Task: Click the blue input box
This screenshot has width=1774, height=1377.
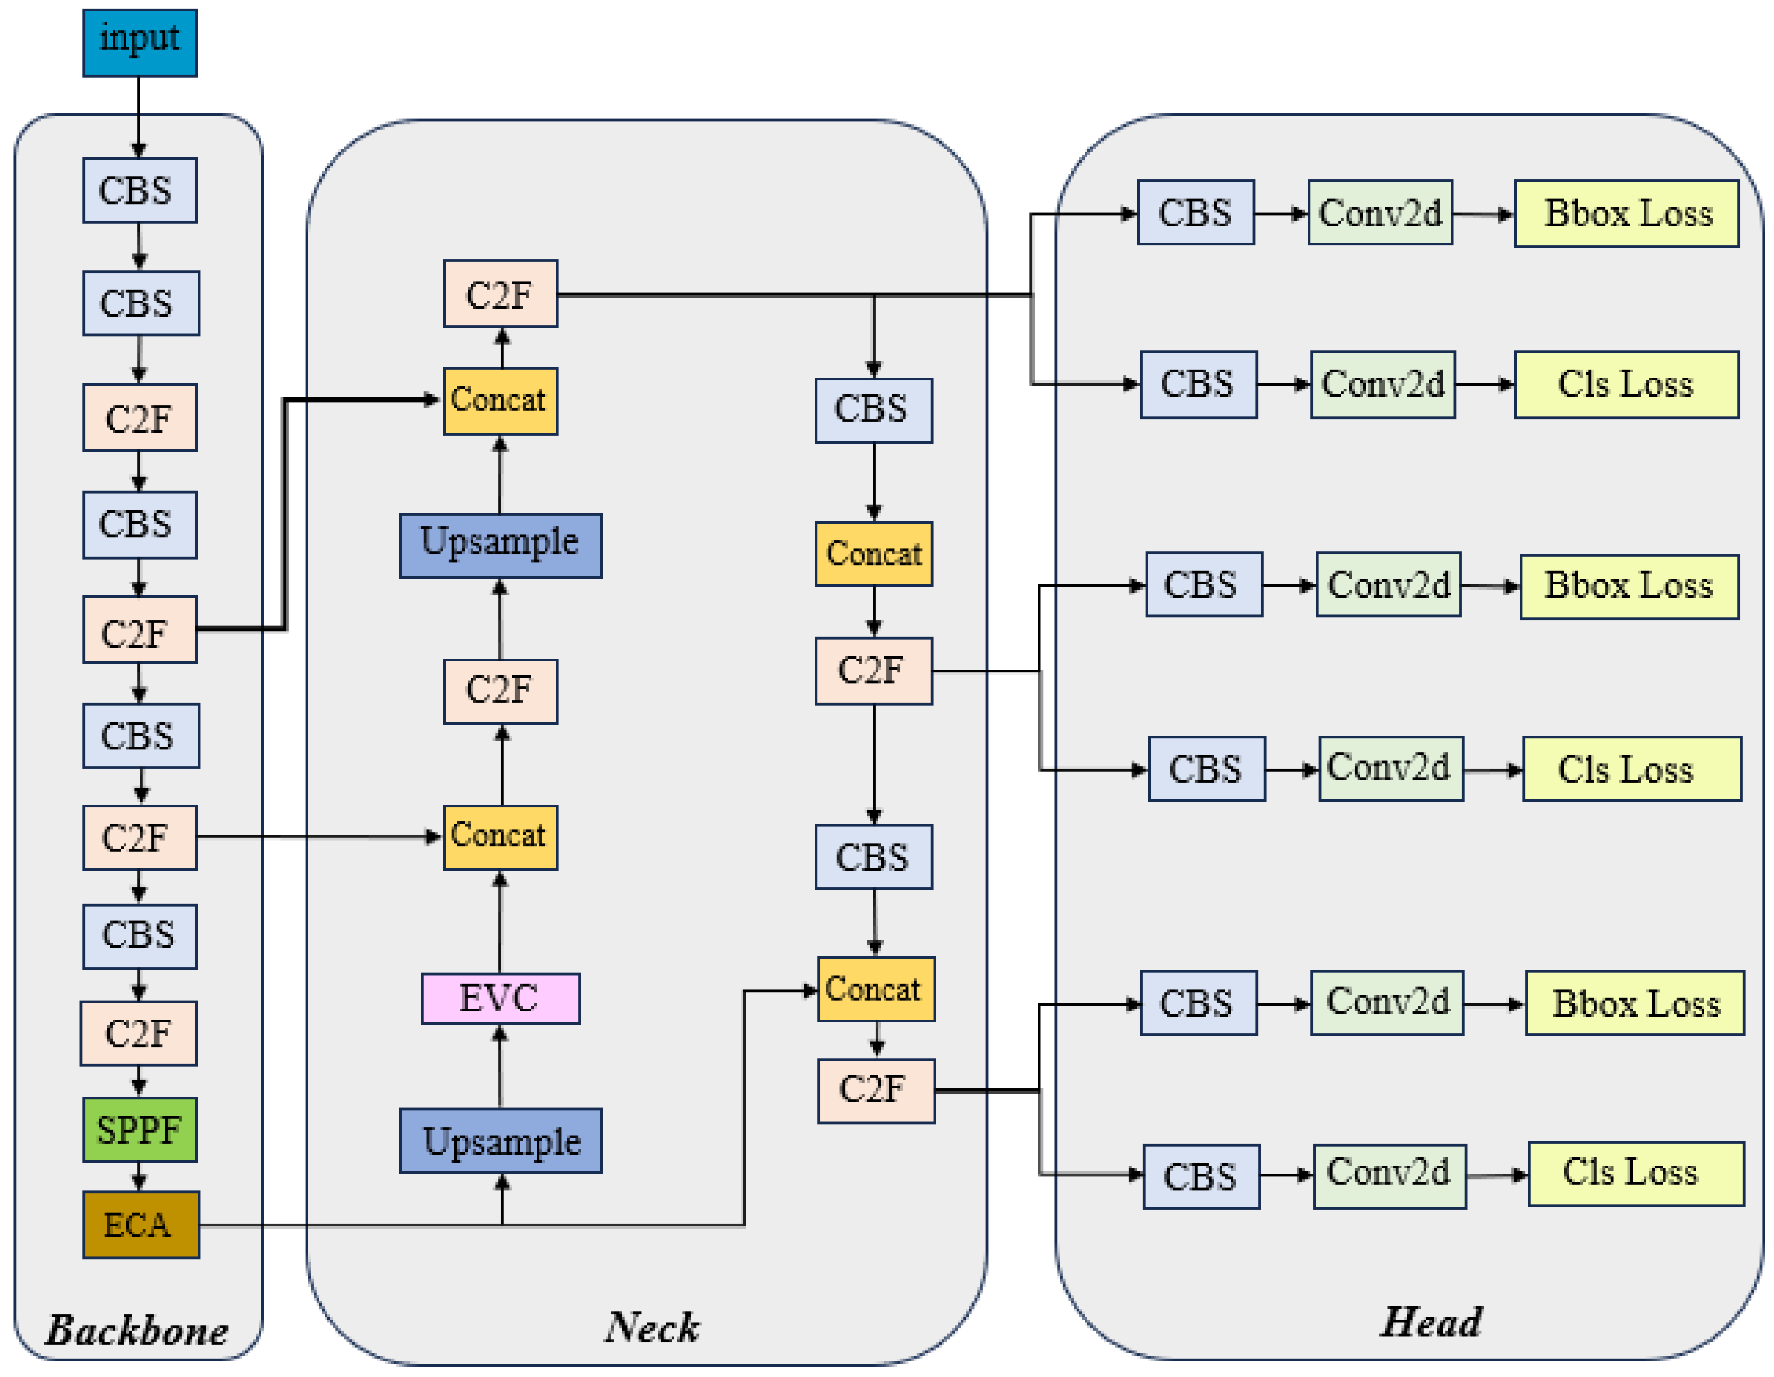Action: (x=140, y=43)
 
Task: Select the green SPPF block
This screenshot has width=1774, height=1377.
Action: (x=140, y=1129)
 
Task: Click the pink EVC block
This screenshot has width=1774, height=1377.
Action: (x=500, y=998)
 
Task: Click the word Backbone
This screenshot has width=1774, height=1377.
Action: (x=137, y=1330)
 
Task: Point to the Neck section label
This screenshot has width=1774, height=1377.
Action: (x=651, y=1326)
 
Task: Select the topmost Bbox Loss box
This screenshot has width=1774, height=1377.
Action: (x=1626, y=214)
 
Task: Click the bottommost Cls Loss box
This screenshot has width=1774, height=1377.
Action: (x=1635, y=1173)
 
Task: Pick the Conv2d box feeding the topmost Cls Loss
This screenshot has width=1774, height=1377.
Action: (x=1382, y=384)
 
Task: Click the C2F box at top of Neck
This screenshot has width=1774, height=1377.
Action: (x=500, y=294)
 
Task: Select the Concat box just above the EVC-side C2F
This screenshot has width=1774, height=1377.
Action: (x=500, y=837)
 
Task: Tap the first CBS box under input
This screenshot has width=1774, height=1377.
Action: (x=140, y=190)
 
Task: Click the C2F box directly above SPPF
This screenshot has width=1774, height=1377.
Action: (x=138, y=1033)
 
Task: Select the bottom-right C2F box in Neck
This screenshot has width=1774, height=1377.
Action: (x=876, y=1090)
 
